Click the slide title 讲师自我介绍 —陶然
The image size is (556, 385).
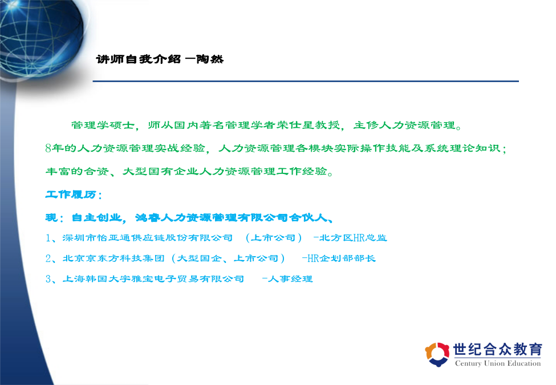point(160,59)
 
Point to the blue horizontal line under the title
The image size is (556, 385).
point(306,81)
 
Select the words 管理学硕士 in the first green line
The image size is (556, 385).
point(103,125)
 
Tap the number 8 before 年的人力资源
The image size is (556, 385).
point(48,148)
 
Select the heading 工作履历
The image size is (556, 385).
point(71,194)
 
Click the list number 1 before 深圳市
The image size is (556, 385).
point(48,238)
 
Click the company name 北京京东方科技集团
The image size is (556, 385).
point(113,258)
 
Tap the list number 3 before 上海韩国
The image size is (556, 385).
point(48,279)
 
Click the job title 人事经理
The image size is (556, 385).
point(290,279)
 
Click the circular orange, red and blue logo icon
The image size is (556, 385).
point(437,354)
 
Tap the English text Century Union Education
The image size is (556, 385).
point(498,363)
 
